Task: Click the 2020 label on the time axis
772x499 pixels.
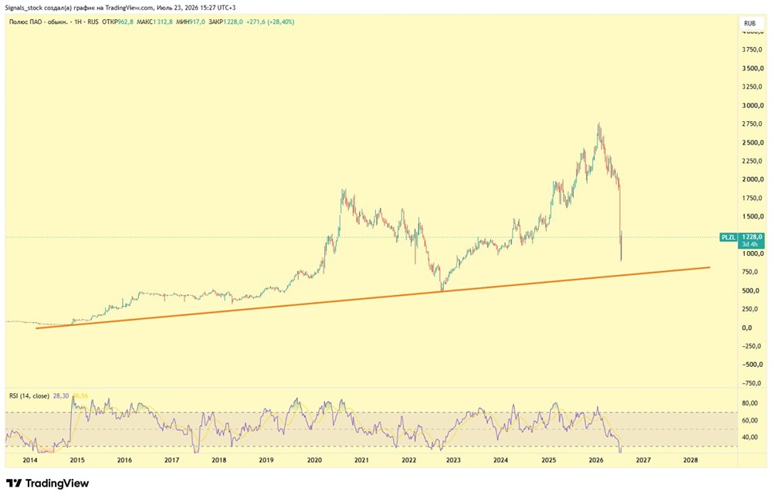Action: click(x=314, y=460)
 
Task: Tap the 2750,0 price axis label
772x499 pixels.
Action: click(x=753, y=124)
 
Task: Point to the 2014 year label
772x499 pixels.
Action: click(x=29, y=460)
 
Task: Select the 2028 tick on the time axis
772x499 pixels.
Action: click(x=690, y=460)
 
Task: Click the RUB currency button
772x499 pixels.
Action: click(x=750, y=23)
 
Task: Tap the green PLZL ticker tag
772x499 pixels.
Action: click(x=728, y=237)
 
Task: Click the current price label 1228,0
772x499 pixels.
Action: click(x=752, y=237)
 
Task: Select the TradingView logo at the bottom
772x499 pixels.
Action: click(x=47, y=484)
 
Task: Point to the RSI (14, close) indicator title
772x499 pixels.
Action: click(x=29, y=395)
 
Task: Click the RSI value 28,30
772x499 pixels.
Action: click(x=60, y=395)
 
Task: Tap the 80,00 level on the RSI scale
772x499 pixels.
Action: click(x=750, y=403)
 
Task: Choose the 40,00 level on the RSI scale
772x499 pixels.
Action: click(x=750, y=437)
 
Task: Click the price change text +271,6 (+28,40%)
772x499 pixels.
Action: click(x=269, y=22)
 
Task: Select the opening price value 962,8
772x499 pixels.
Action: click(x=126, y=22)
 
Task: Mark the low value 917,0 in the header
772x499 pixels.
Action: click(x=197, y=22)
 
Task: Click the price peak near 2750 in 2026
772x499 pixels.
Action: click(x=599, y=124)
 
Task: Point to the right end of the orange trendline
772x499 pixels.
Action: click(x=709, y=267)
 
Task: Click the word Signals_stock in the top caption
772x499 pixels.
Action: click(x=24, y=8)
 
